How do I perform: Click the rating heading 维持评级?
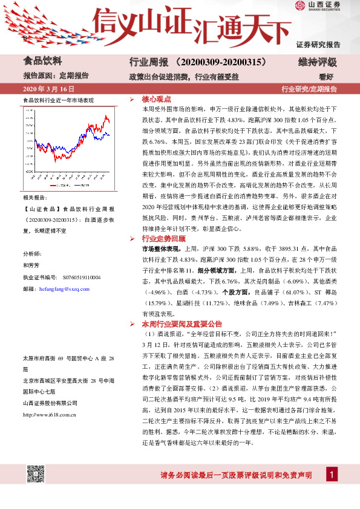(x=318, y=62)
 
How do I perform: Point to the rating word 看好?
(x=327, y=76)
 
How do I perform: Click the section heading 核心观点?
(x=157, y=99)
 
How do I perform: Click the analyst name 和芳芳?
(x=31, y=265)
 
